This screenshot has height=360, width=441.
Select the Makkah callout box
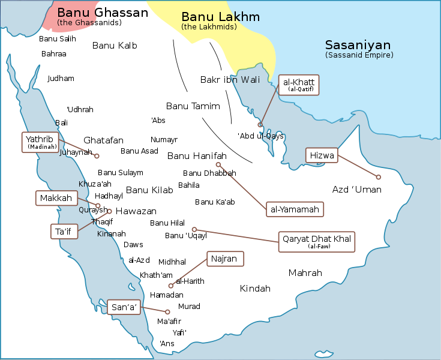[x=56, y=198]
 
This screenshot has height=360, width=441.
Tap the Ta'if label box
[x=64, y=230]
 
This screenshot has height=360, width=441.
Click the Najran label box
[x=226, y=259]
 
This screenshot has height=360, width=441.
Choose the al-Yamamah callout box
[x=295, y=209]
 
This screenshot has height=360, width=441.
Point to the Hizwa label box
[x=322, y=155]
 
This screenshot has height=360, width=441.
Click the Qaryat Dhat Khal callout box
[x=316, y=241]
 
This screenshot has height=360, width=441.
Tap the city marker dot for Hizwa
[x=378, y=177]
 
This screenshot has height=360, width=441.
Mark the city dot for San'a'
[x=167, y=311]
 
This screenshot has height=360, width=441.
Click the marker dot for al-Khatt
[x=260, y=125]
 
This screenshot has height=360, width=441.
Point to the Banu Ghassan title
[x=102, y=13]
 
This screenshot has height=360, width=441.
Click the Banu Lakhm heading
[x=220, y=17]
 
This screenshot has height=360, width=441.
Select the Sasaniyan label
[x=358, y=45]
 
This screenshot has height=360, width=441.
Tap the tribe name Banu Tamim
[x=193, y=106]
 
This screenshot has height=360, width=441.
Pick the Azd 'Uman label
[x=356, y=190]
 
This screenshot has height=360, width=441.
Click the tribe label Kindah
[x=255, y=289]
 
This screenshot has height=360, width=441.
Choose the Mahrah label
[x=305, y=273]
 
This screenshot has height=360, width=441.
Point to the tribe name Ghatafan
[x=103, y=140]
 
